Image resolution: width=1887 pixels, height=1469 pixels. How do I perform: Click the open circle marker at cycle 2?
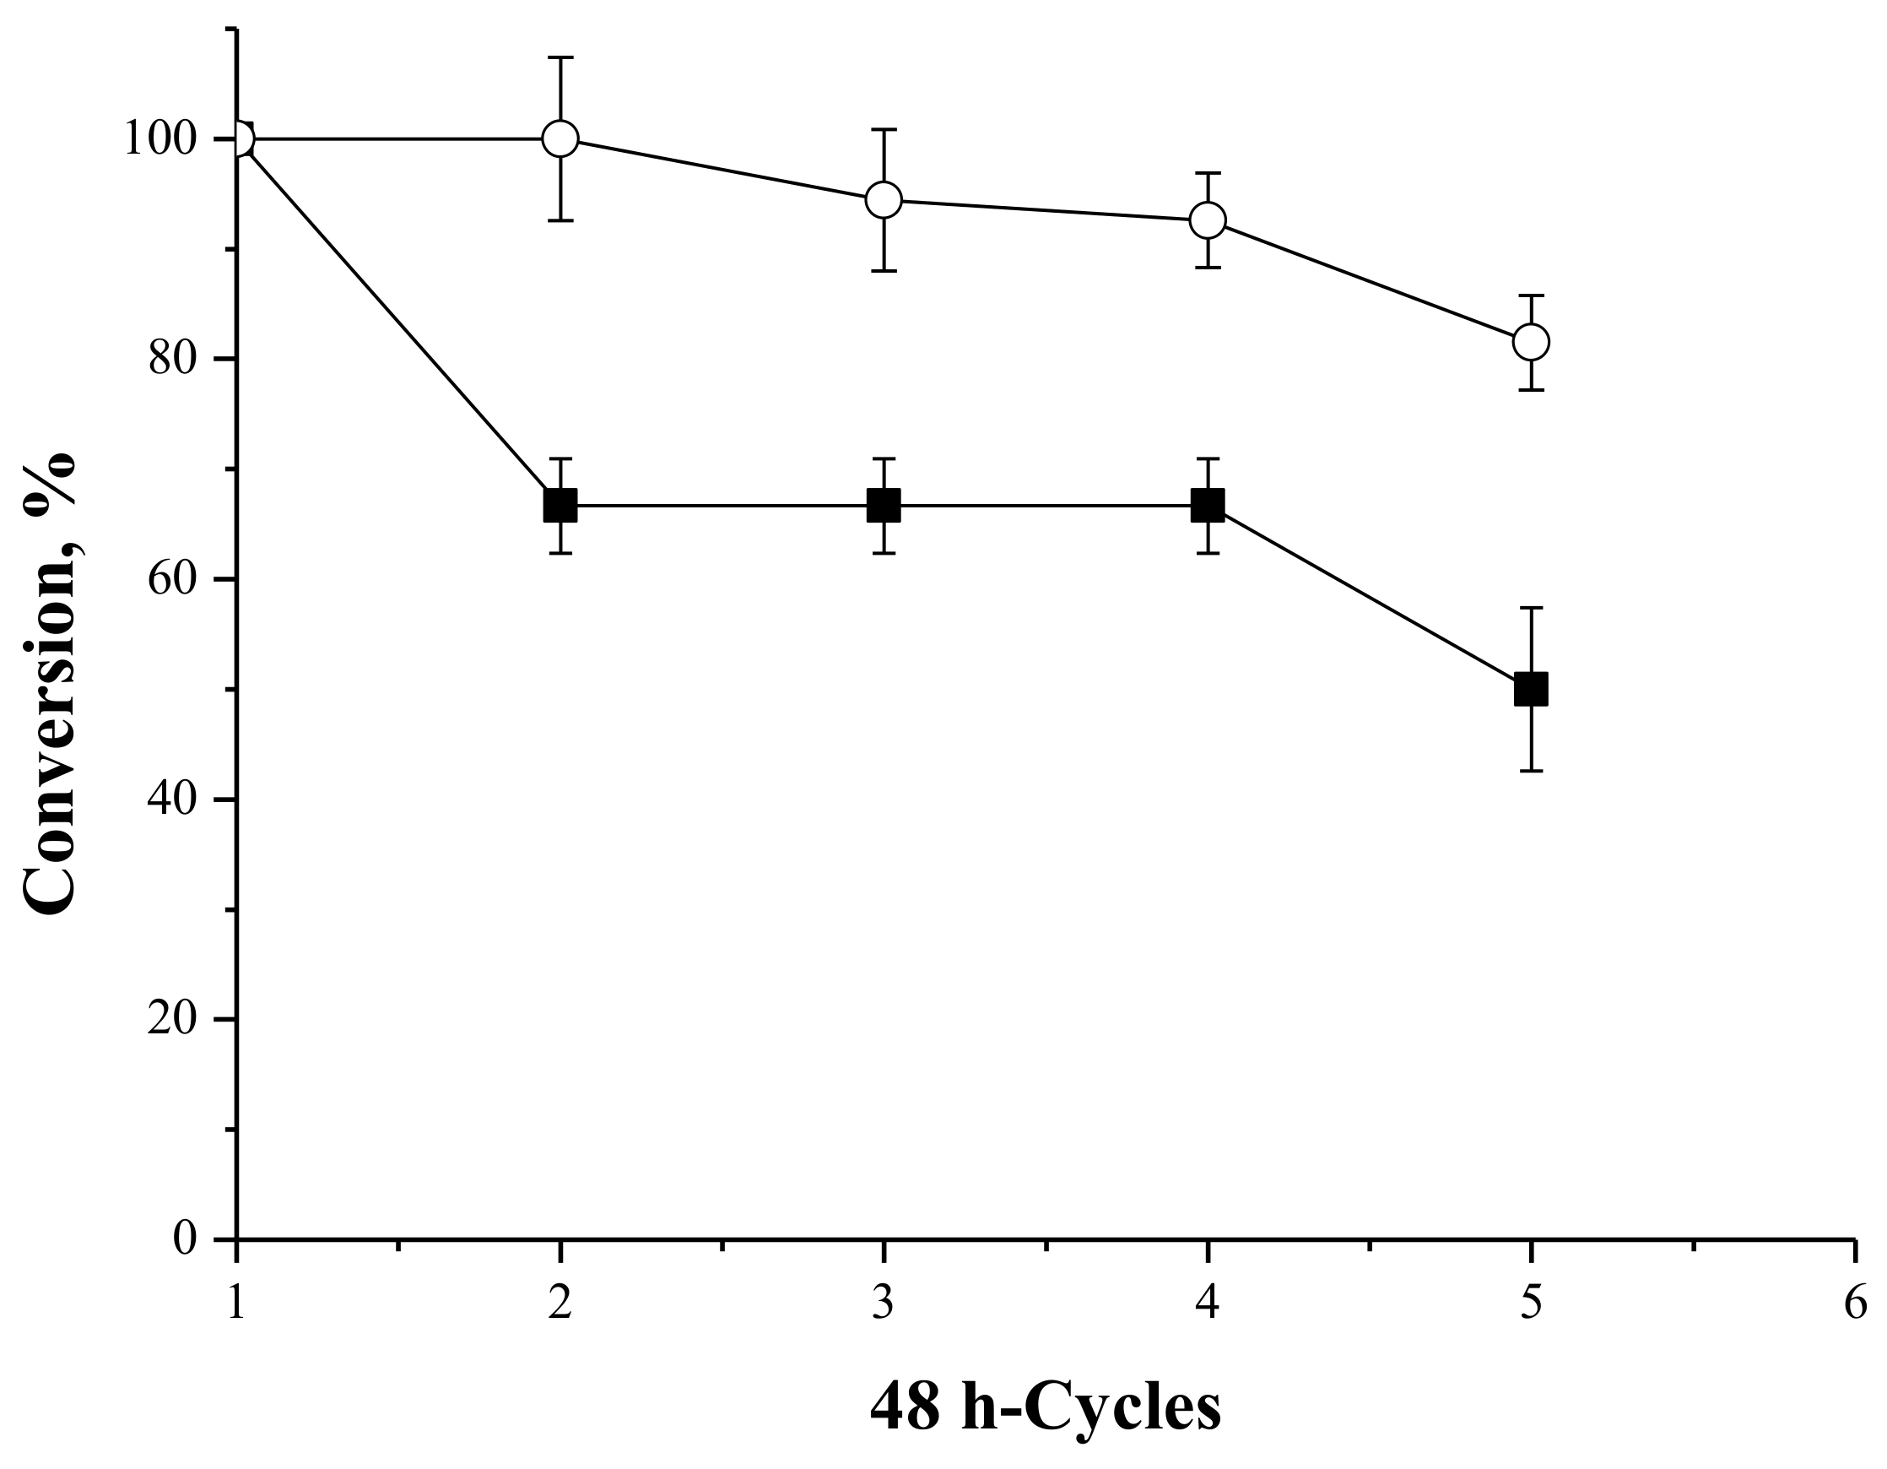click(560, 138)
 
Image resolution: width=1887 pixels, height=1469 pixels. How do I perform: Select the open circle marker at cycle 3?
click(883, 200)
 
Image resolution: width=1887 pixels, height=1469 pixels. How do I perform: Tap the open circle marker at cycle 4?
click(1207, 220)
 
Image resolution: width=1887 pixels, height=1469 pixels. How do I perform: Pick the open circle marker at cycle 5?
click(1531, 342)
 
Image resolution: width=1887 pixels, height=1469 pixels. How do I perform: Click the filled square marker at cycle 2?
click(560, 506)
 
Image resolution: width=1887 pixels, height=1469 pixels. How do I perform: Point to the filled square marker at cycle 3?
click(883, 506)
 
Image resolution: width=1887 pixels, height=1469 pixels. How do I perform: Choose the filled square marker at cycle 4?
click(1207, 506)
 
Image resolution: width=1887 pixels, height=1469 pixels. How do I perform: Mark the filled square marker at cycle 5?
click(1531, 690)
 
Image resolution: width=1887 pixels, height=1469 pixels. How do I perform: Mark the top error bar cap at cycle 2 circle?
click(560, 57)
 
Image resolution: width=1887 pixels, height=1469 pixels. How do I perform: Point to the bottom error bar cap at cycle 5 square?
click(1531, 770)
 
